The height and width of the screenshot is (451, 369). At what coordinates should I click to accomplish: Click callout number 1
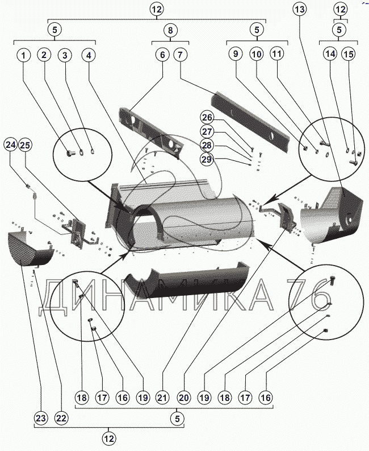click(24, 55)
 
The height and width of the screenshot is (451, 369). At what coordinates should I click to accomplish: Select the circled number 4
click(89, 55)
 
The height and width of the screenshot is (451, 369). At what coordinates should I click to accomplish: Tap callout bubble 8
click(170, 30)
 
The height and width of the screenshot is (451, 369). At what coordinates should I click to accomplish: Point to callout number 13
click(299, 9)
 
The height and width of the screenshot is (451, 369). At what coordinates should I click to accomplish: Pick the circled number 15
click(349, 54)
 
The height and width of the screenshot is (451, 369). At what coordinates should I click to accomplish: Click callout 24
click(11, 144)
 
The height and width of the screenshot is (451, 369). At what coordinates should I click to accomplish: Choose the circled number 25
click(25, 145)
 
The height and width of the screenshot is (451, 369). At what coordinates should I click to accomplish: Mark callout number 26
click(207, 117)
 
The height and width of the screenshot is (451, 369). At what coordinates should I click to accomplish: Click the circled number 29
click(207, 159)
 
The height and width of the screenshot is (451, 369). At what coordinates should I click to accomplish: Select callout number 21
click(162, 398)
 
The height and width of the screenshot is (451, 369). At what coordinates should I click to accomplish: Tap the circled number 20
click(184, 398)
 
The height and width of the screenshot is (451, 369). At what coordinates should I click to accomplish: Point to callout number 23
click(40, 418)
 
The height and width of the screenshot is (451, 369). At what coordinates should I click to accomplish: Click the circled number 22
click(61, 418)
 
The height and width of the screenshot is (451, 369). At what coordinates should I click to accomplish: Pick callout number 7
click(181, 55)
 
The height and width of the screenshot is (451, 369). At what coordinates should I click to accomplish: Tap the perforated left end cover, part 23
click(30, 249)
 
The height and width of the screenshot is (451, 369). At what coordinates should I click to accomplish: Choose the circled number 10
click(257, 54)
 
